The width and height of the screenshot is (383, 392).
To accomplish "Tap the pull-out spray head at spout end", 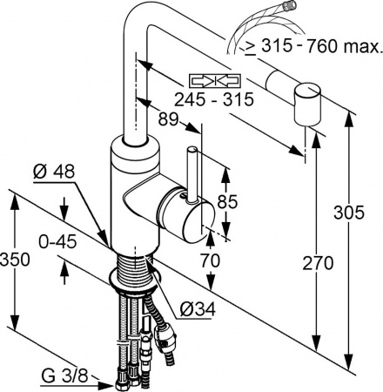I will (x=308, y=106).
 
